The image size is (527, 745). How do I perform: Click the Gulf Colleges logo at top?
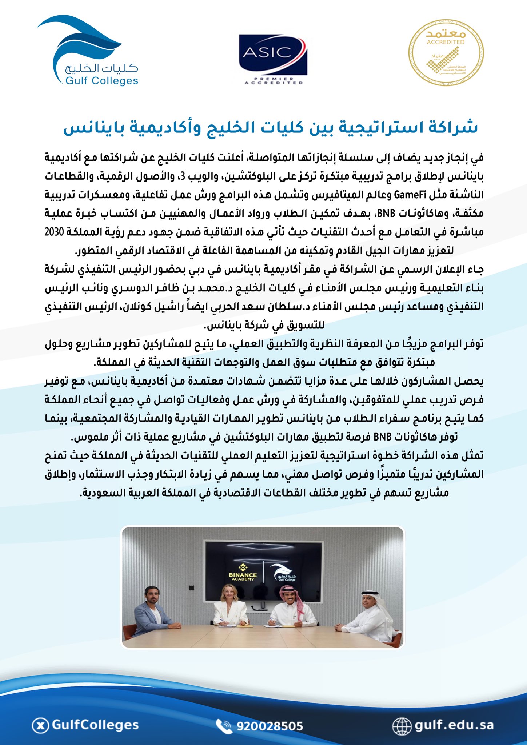pyautogui.click(x=87, y=51)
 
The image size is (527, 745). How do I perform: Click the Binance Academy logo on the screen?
pyautogui.click(x=243, y=572)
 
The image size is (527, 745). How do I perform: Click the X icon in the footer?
pyautogui.click(x=41, y=725)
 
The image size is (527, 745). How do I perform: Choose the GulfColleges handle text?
pyautogui.click(x=95, y=725)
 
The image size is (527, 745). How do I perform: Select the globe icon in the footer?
pyautogui.click(x=402, y=726)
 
